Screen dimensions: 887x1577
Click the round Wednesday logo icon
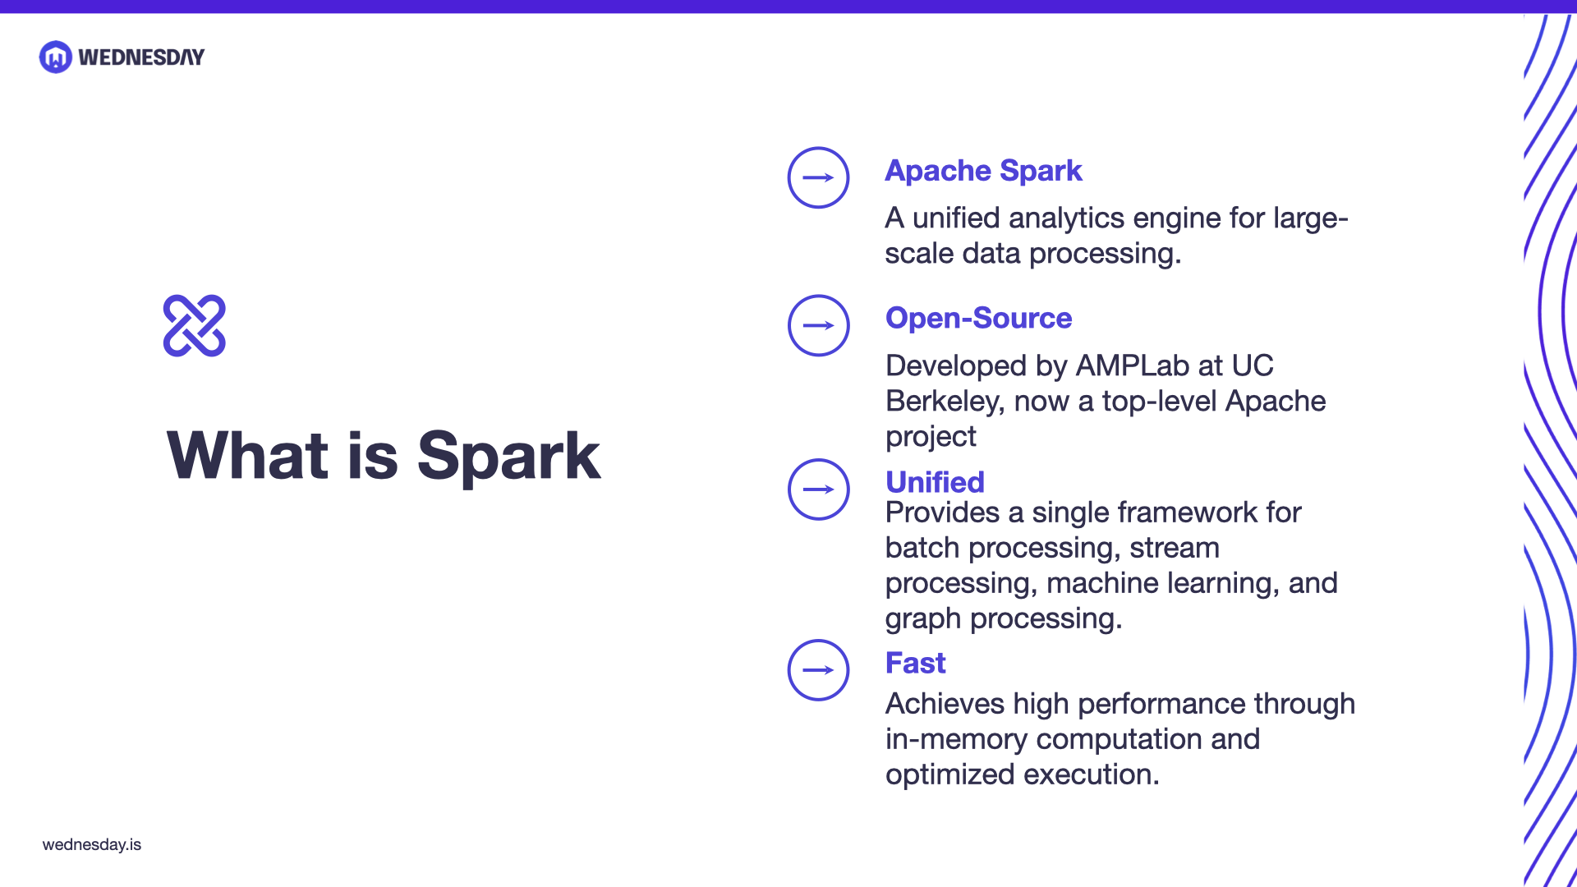[x=56, y=57]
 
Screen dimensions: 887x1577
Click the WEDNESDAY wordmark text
[x=141, y=57]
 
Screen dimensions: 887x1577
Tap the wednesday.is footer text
[x=92, y=844]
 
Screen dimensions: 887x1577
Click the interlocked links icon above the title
[x=195, y=325]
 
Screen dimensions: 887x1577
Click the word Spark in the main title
[x=508, y=457]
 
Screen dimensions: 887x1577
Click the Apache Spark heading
[x=983, y=171]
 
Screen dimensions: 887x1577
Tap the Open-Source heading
[x=978, y=319]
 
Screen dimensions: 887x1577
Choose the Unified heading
[x=935, y=482]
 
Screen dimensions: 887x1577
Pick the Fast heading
[x=915, y=663]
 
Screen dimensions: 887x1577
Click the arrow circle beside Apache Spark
[x=818, y=177]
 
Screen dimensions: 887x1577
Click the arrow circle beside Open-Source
[x=818, y=325]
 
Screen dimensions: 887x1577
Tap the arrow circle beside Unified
[x=818, y=489]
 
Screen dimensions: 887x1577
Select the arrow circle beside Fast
[x=818, y=670]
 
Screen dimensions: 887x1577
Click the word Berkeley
[x=945, y=402]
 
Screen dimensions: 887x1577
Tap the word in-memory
[x=956, y=739]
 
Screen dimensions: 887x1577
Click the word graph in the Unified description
[x=922, y=619]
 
